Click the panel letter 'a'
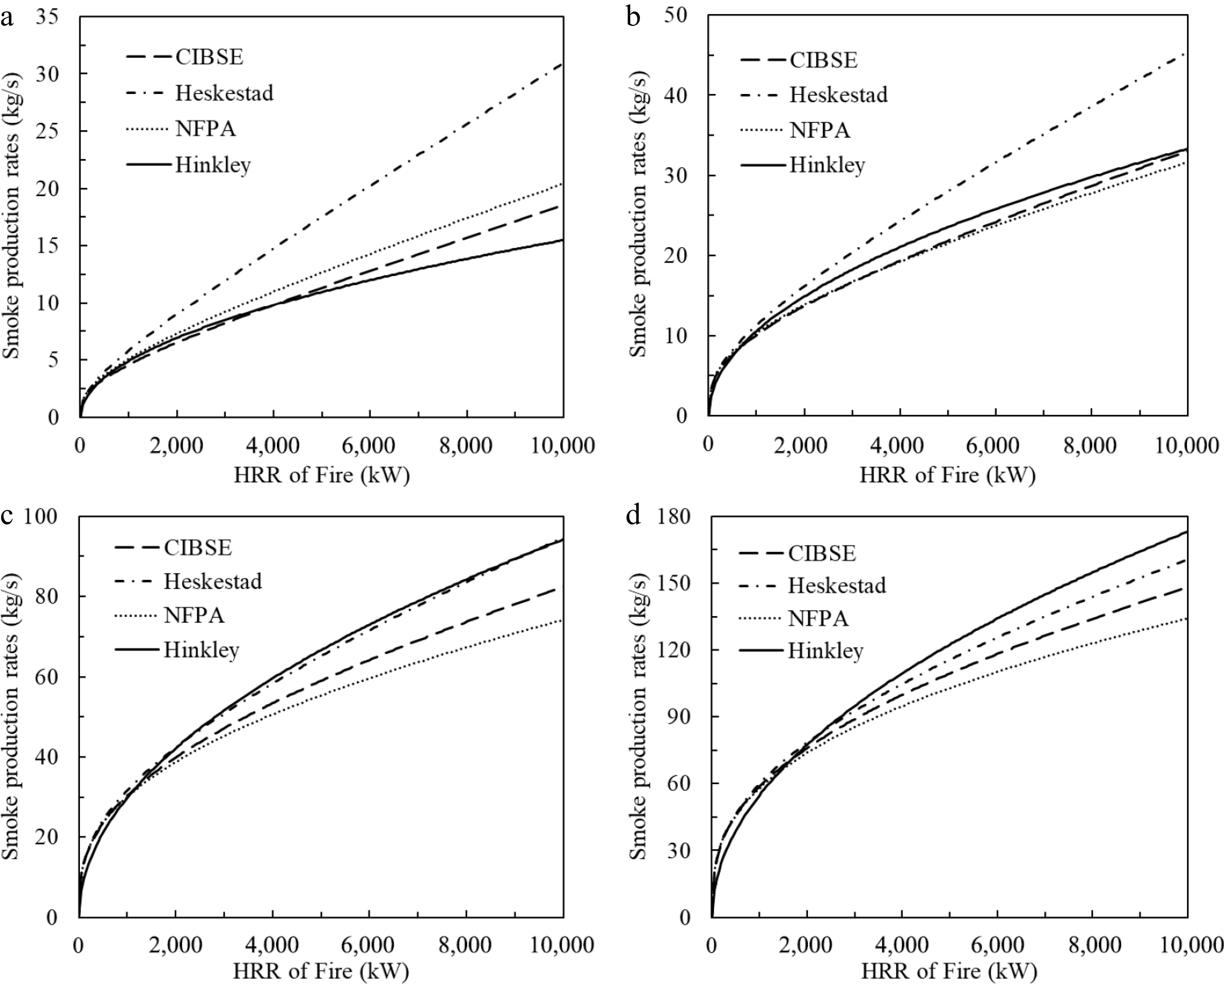pyautogui.click(x=7, y=19)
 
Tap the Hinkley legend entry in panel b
pyautogui.click(x=826, y=165)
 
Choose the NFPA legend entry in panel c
pyautogui.click(x=194, y=615)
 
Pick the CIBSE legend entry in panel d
pyautogui.click(x=821, y=553)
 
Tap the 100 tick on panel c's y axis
pyautogui.click(x=41, y=516)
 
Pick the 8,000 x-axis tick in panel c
pyautogui.click(x=466, y=946)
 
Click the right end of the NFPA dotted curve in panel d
pyautogui.click(x=1187, y=618)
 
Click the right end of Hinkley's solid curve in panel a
pyautogui.click(x=562, y=240)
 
